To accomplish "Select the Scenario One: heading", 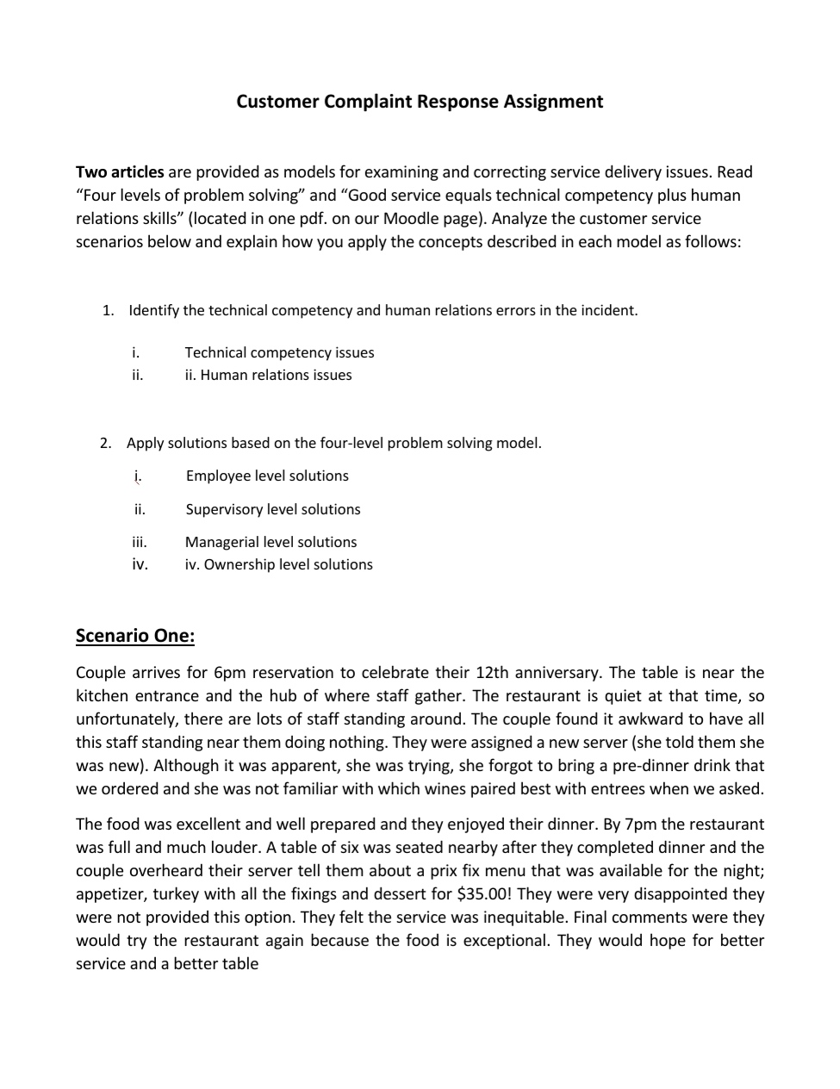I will click(x=135, y=636).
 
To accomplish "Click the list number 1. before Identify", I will click(x=108, y=310).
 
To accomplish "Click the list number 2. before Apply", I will click(x=106, y=443).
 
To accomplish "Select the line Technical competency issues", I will click(x=279, y=352).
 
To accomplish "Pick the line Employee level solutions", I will click(x=267, y=476).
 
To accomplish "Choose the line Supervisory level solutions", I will click(x=273, y=509).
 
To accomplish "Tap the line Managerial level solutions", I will click(x=271, y=542).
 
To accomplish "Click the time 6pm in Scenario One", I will click(x=230, y=673).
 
